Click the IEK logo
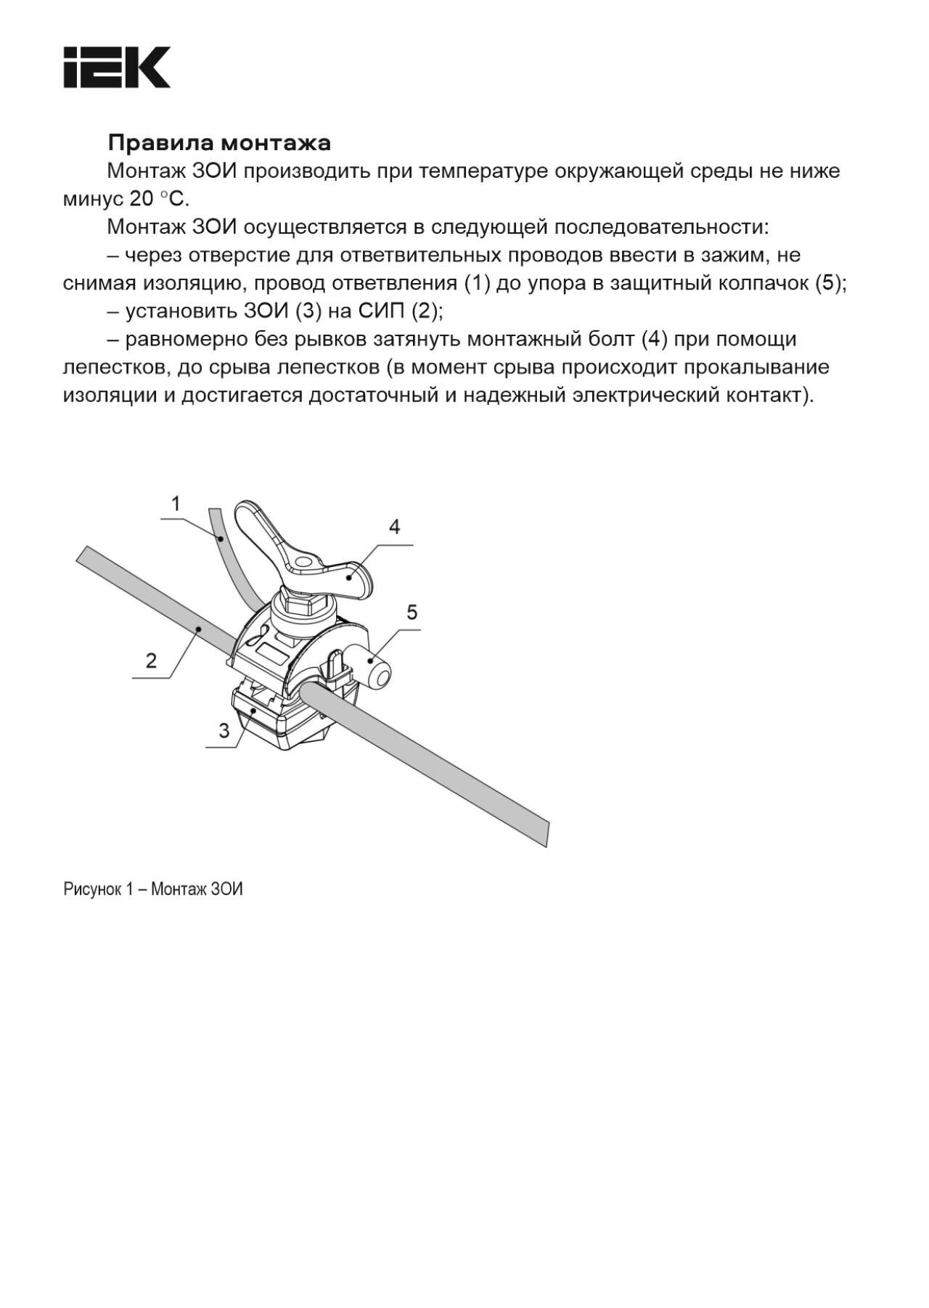pyautogui.click(x=117, y=68)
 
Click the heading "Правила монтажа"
pyautogui.click(x=219, y=142)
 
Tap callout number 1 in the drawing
pyautogui.click(x=176, y=503)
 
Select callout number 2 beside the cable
pyautogui.click(x=151, y=661)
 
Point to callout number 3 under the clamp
pyautogui.click(x=224, y=730)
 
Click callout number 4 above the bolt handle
pyautogui.click(x=394, y=526)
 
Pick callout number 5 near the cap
pyautogui.click(x=412, y=613)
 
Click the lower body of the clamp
pyautogui.click(x=283, y=719)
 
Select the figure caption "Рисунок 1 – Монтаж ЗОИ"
pyautogui.click(x=153, y=889)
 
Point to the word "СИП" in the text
pyautogui.click(x=382, y=311)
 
